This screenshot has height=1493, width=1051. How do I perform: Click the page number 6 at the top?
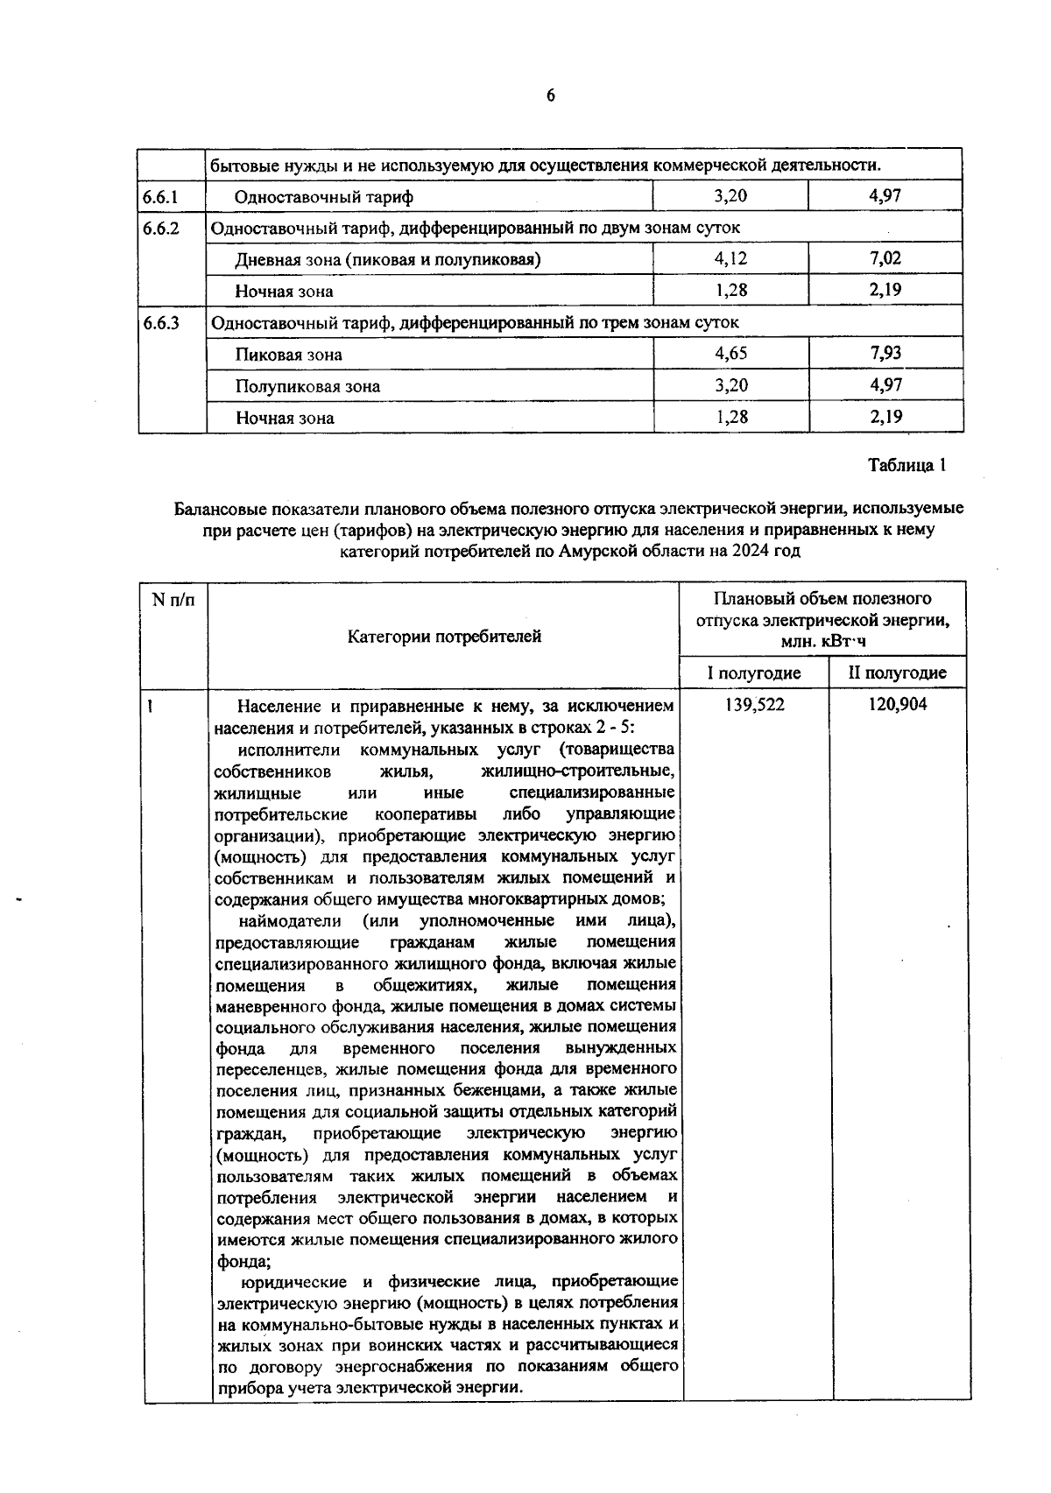point(550,96)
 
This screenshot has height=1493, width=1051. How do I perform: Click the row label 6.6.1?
point(160,197)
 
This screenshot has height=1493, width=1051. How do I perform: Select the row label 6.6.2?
point(160,229)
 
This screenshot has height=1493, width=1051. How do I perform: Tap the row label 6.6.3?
point(160,323)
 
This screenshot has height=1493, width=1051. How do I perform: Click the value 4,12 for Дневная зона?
point(730,259)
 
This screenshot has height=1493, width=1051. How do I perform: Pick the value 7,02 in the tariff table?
point(885,259)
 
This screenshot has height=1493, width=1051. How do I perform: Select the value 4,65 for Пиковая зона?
point(730,354)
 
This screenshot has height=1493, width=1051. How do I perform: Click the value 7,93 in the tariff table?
point(885,354)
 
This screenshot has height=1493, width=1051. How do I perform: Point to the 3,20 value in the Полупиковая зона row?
point(730,385)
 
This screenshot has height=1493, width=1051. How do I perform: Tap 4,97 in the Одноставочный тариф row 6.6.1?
point(885,196)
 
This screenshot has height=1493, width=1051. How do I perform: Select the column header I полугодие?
point(754,673)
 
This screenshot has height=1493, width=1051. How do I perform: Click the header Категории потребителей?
point(444,637)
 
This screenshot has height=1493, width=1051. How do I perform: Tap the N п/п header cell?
point(173,601)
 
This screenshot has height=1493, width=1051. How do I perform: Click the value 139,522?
point(755,705)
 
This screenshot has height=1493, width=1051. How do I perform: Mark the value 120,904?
point(898,705)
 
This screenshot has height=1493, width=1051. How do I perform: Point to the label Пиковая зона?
point(288,355)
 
